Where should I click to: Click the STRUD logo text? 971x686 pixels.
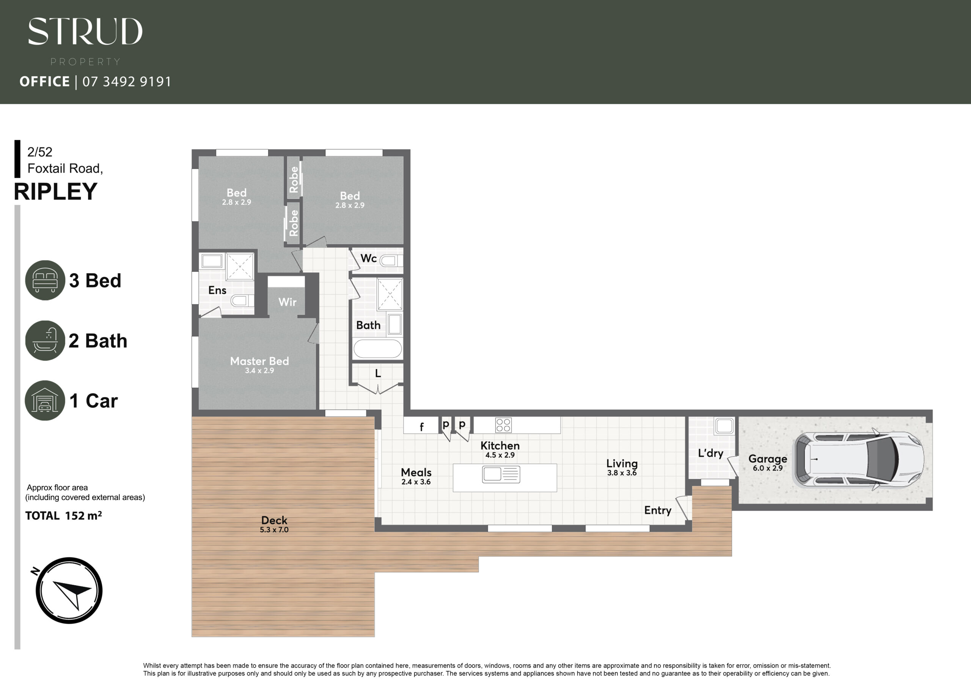coord(85,31)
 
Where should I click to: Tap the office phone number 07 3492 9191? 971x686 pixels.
coord(127,81)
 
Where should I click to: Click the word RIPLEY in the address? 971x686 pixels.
coord(55,191)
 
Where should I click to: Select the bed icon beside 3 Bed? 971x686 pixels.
coord(45,280)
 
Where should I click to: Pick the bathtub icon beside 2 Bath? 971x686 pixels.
coord(45,340)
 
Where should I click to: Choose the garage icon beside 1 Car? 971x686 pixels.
coord(45,400)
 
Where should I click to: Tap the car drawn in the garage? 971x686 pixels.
coord(859,459)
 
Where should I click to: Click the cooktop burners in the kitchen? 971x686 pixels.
coord(503,425)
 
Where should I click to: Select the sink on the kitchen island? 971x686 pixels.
coord(501,474)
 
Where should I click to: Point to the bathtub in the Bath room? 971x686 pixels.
coord(377,349)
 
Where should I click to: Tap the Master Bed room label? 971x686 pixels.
coord(259,361)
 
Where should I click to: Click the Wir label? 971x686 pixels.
coord(287,302)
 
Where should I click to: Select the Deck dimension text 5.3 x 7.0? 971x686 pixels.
coord(274,529)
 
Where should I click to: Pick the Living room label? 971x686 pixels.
coord(622,464)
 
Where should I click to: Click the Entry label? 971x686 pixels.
coord(658,511)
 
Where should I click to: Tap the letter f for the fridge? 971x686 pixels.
coord(421,427)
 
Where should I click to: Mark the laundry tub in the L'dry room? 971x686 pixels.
coord(724,426)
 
